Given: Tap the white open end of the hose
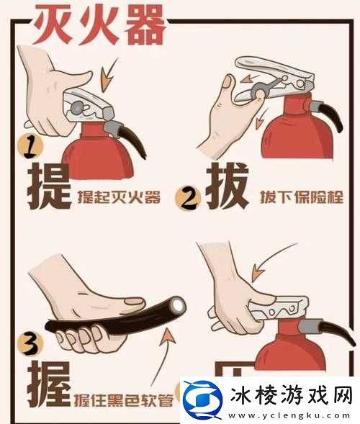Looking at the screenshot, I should (x=177, y=306).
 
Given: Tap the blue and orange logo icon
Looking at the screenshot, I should (x=201, y=397).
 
